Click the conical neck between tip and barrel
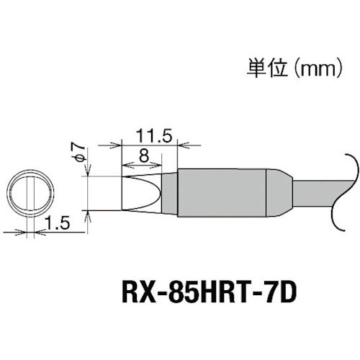(x=168, y=193)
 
